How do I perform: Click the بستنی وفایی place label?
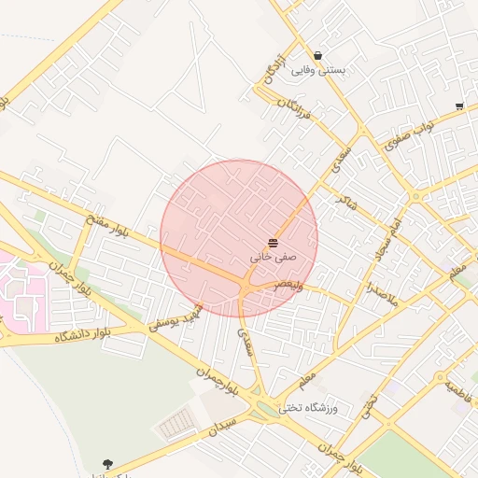319,70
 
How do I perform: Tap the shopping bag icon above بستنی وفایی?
319,55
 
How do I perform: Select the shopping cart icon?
458,106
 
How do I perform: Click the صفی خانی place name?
273,254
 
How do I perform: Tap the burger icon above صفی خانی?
273,241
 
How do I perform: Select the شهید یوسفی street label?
177,321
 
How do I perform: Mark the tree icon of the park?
108,464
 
